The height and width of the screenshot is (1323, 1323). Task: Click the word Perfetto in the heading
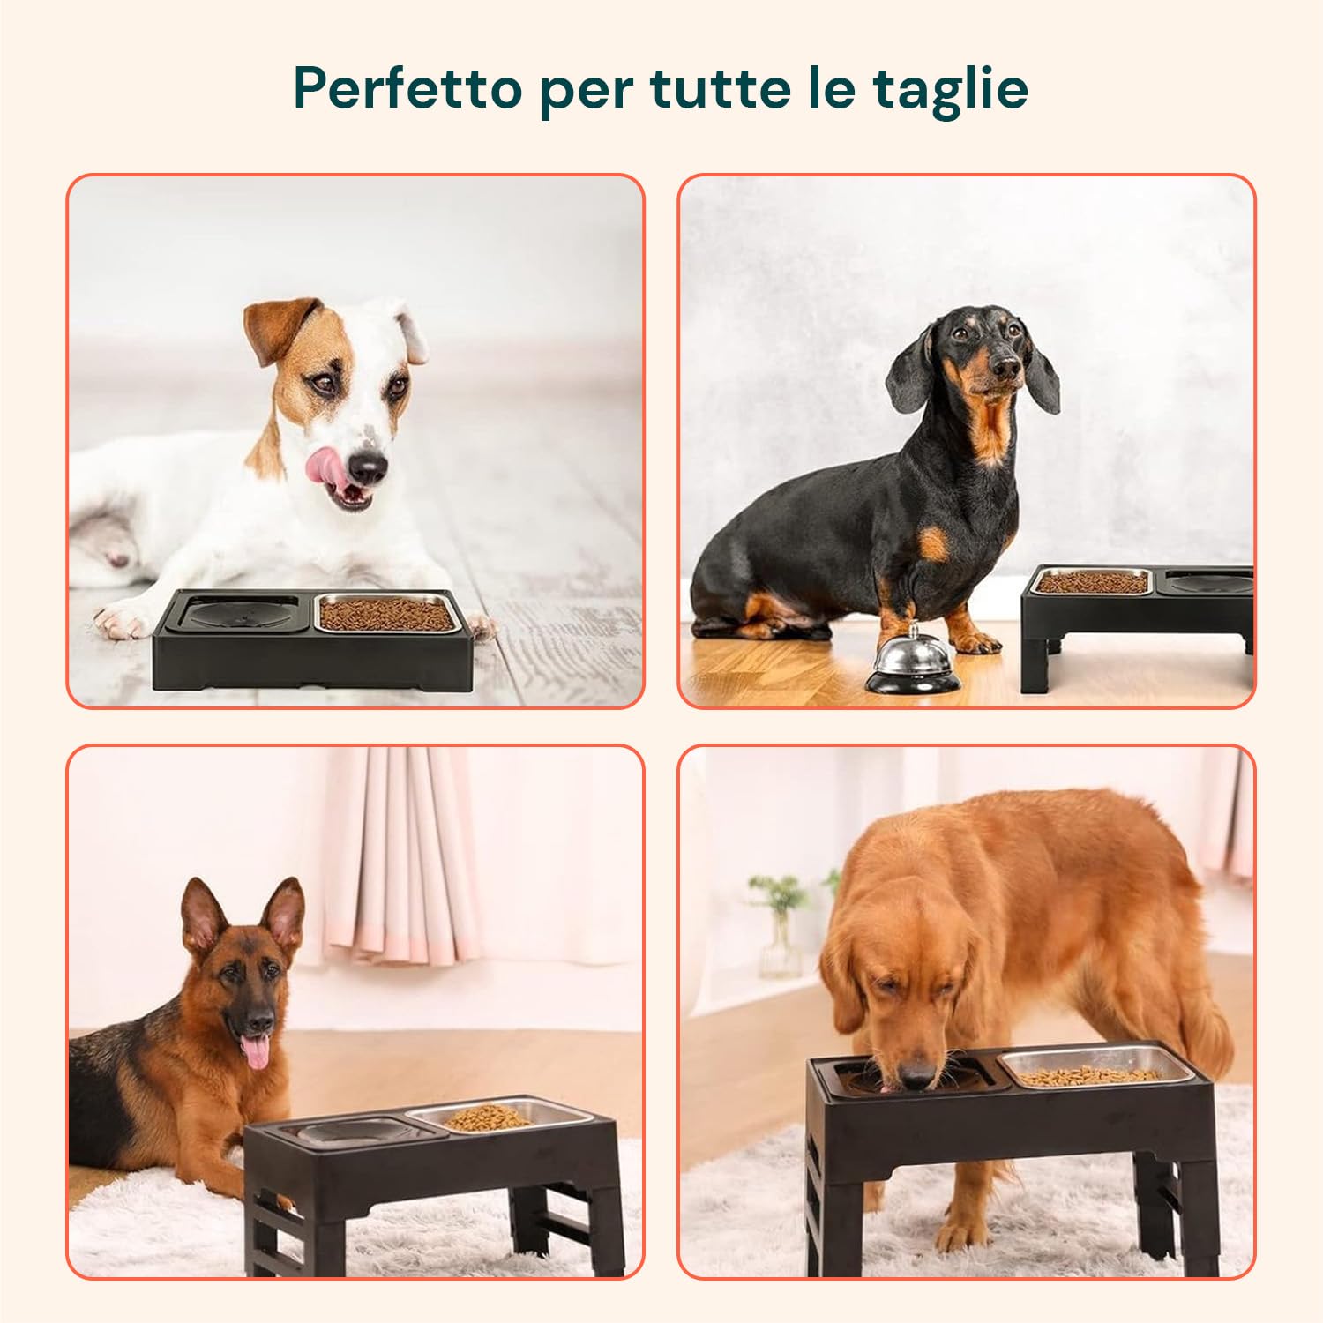408,88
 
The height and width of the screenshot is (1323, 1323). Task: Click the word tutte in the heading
719,88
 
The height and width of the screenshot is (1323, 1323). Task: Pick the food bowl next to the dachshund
1092,582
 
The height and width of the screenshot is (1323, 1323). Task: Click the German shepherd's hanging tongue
257,1052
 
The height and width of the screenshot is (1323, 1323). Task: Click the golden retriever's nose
917,1078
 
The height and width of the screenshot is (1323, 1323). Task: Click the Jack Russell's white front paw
121,620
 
